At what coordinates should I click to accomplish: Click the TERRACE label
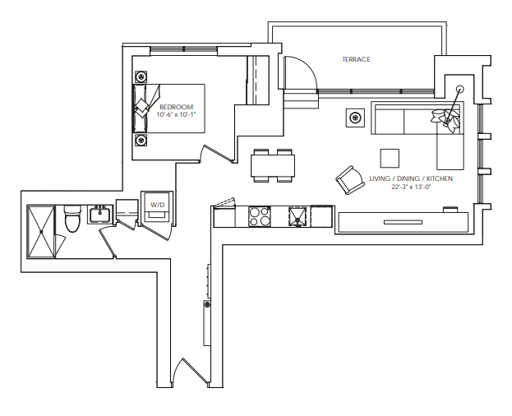click(356, 59)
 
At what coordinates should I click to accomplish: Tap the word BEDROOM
click(175, 107)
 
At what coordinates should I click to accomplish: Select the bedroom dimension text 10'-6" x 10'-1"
click(175, 115)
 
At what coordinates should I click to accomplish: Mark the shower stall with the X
click(41, 232)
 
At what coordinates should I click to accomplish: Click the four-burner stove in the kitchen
click(260, 216)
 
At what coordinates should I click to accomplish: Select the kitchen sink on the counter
click(298, 216)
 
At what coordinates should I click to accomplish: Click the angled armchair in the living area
click(348, 178)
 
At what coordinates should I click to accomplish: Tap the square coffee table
click(390, 158)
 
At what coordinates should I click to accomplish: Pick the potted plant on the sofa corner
click(447, 118)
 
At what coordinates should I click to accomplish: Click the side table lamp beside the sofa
click(355, 117)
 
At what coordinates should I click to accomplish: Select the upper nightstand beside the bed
click(141, 72)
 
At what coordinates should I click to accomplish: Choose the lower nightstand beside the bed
click(141, 140)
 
